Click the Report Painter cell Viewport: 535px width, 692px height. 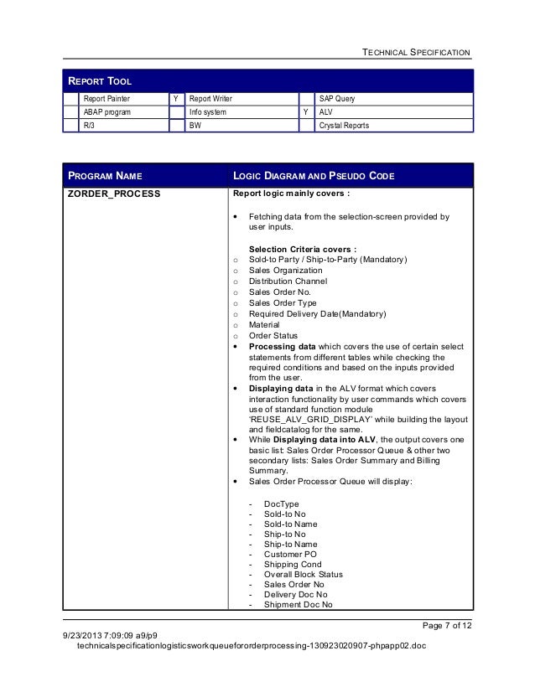pyautogui.click(x=106, y=99)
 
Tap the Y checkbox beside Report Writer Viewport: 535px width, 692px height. pyautogui.click(x=175, y=99)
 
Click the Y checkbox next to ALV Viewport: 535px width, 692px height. pyautogui.click(x=306, y=112)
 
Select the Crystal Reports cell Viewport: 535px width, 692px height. pyautogui.click(x=345, y=126)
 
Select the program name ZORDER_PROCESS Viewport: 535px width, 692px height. pyautogui.click(x=113, y=194)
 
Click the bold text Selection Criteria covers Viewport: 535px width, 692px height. pyautogui.click(x=302, y=249)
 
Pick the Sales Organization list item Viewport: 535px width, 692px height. pyautogui.click(x=285, y=271)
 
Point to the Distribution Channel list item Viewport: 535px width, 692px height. pyautogui.click(x=288, y=281)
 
